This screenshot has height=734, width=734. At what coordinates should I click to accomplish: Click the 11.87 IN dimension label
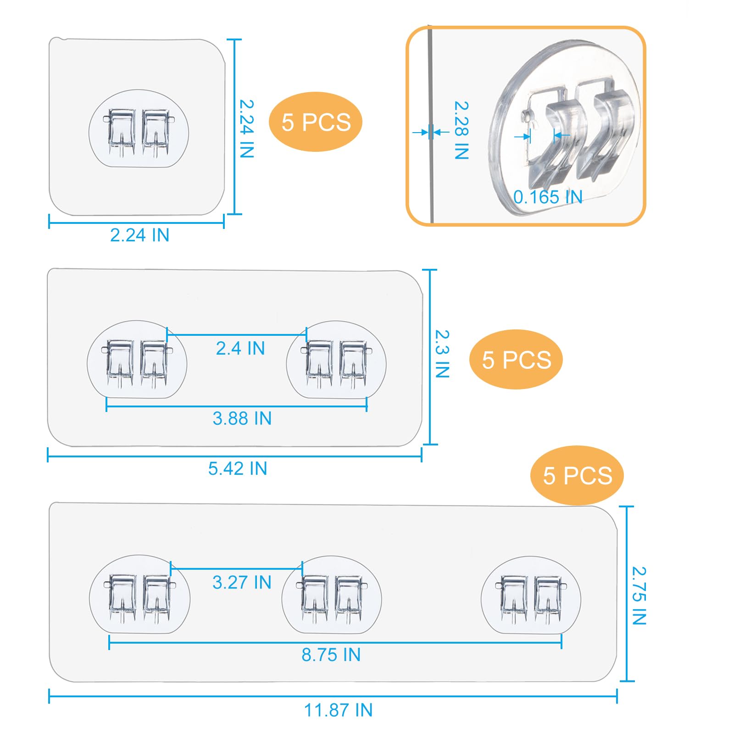pos(338,711)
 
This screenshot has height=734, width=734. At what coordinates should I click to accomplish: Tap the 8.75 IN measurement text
pos(331,655)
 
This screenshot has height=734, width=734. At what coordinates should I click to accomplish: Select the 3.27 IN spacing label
pos(242,583)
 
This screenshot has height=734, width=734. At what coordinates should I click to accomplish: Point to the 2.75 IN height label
pos(639,596)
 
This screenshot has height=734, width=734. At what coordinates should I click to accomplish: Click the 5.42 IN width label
pos(238,468)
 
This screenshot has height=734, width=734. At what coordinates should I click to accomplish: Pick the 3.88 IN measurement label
pos(242,418)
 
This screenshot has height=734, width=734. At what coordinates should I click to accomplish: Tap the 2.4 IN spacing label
pos(240,349)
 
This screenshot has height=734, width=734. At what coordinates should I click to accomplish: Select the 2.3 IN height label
pos(442,354)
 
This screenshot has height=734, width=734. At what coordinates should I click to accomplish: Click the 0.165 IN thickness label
pos(548,197)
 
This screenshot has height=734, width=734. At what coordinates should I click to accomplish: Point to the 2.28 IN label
pos(462,130)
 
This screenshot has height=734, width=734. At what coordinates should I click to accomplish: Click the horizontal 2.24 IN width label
pos(139,235)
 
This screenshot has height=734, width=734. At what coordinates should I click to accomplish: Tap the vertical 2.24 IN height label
pos(247,129)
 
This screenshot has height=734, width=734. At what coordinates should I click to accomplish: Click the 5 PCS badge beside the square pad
pos(316,122)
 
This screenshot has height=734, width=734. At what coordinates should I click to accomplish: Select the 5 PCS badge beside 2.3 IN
pos(516,360)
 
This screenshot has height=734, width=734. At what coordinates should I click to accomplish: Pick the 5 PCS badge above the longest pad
pos(577,476)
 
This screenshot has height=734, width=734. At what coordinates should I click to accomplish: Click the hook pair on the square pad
pos(139,132)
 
